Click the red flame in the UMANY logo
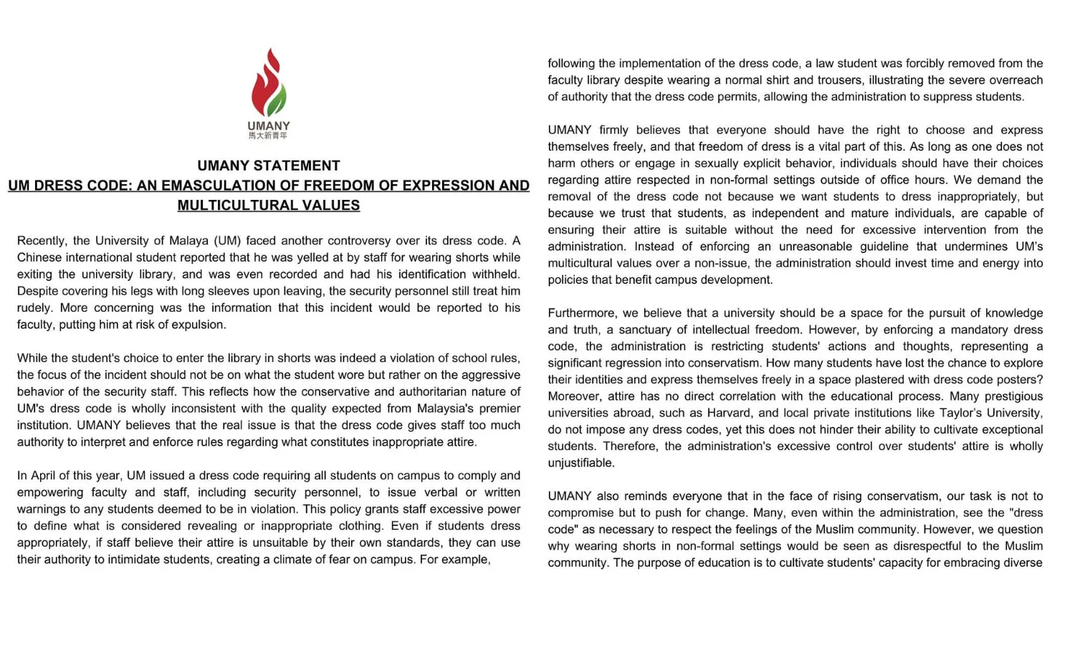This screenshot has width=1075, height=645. click(264, 82)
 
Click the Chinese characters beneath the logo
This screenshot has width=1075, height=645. click(268, 135)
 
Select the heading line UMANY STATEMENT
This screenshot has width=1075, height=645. click(269, 166)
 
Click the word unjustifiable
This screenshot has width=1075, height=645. click(581, 463)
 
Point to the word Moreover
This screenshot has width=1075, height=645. click(574, 396)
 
